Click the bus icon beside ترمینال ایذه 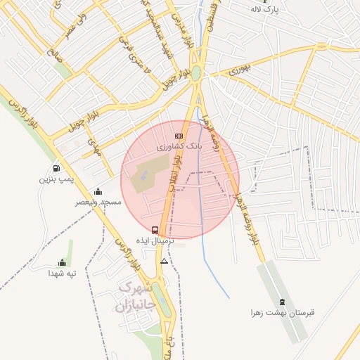(155, 230)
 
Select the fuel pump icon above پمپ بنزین (56, 168)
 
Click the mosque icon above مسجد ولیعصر (98, 191)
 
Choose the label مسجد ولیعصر (98, 202)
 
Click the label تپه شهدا (62, 273)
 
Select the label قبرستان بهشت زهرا (277, 312)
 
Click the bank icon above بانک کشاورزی (179, 136)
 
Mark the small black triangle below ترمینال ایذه (164, 261)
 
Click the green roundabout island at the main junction (197, 73)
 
